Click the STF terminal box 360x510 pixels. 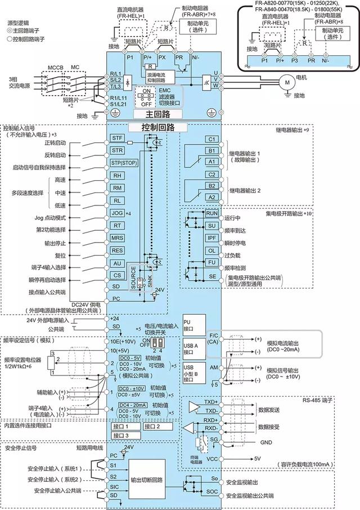117,138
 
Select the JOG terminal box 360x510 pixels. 118,213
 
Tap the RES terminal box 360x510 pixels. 118,250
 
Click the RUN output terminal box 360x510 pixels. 211,214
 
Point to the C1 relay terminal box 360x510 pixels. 211,139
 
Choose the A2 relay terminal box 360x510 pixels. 211,197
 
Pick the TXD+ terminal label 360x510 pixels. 211,403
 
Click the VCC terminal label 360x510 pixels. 211,459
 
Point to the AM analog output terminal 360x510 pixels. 213,367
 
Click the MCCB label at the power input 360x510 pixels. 55,67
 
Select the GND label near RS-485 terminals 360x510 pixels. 266,443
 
